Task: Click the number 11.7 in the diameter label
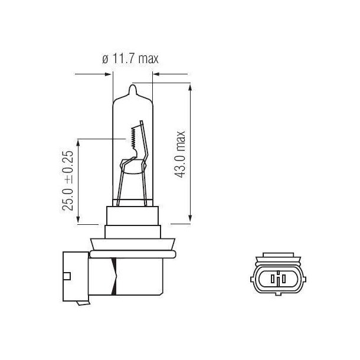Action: tap(123, 59)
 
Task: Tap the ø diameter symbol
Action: tap(105, 59)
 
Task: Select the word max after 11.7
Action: tap(149, 59)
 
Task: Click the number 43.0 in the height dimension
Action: tap(181, 165)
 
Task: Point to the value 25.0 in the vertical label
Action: tap(69, 198)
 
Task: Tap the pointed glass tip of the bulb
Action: tap(133, 88)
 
